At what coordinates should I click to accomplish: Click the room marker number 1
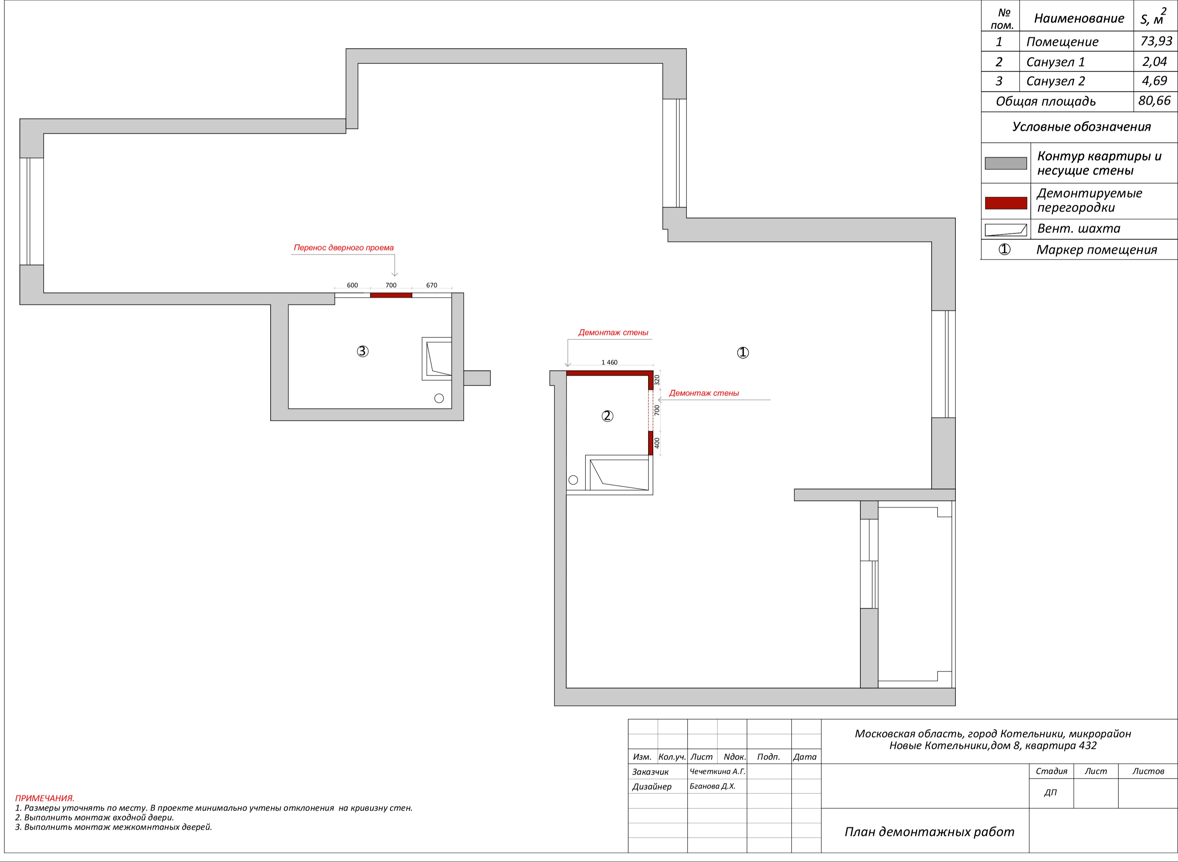click(x=743, y=353)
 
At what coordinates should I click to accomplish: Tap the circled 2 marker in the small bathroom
click(x=607, y=416)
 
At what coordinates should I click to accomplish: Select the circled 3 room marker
click(x=362, y=351)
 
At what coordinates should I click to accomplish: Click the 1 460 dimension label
click(x=609, y=362)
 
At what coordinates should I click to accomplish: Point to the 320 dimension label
click(x=657, y=380)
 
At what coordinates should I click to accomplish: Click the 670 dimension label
click(x=431, y=285)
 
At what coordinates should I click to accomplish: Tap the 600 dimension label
click(x=352, y=285)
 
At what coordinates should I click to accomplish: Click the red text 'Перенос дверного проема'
click(x=343, y=247)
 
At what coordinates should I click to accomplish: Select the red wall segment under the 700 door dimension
click(x=391, y=295)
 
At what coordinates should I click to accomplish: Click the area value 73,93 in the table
click(x=1156, y=41)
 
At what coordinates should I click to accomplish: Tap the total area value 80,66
click(x=1154, y=101)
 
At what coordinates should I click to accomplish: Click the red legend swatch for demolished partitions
click(x=1006, y=203)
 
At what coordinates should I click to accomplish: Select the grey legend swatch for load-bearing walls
click(x=1006, y=163)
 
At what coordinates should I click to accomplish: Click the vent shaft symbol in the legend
click(x=1006, y=230)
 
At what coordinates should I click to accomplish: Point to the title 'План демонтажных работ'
click(x=930, y=832)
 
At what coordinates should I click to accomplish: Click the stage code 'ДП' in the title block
click(x=1050, y=793)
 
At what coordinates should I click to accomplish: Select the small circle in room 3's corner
click(x=439, y=398)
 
